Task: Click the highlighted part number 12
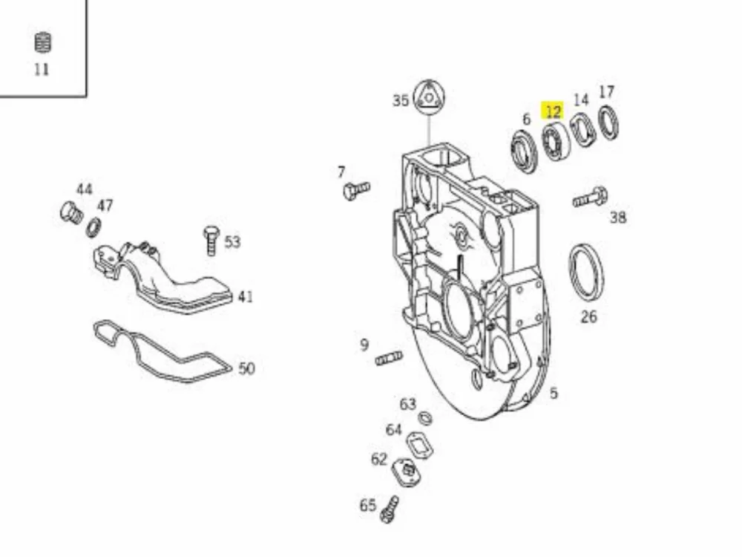[x=553, y=112]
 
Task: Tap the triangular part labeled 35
[x=429, y=99]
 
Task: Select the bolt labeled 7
[x=356, y=190]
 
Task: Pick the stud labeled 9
[x=389, y=358]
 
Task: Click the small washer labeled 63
[x=425, y=419]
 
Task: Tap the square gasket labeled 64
[x=419, y=445]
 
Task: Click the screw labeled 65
[x=390, y=509]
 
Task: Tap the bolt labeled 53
[x=211, y=240]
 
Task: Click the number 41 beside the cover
[x=245, y=297]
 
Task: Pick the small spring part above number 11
[x=43, y=42]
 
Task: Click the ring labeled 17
[x=608, y=123]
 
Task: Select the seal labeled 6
[x=525, y=151]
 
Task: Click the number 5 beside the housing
[x=554, y=393]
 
